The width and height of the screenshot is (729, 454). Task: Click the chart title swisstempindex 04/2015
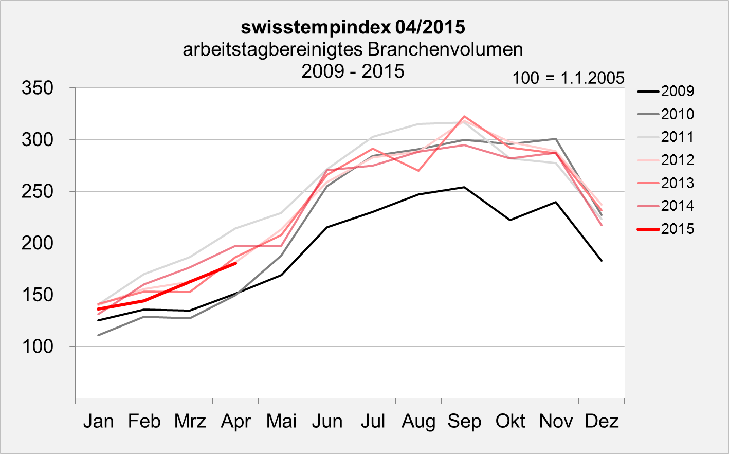[x=353, y=27]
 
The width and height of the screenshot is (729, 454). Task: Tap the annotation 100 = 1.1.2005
[x=568, y=78]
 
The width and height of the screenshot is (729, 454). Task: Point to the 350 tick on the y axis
[x=38, y=88]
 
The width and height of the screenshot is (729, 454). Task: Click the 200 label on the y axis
[x=38, y=243]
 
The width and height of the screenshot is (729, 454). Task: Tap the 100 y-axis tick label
[x=38, y=347]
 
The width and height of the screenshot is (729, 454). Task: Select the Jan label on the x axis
[x=98, y=421]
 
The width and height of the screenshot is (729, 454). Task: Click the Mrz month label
[x=190, y=421]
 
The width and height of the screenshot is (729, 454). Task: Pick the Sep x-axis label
[x=464, y=421]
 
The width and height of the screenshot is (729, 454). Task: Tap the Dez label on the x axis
[x=602, y=421]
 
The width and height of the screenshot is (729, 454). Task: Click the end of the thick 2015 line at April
[x=235, y=263]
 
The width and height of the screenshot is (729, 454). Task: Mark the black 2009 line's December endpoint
[x=602, y=261]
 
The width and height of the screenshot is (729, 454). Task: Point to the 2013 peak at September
[x=464, y=116]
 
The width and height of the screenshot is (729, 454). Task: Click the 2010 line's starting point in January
[x=98, y=335]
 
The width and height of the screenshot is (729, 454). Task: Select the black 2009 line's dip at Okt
[x=510, y=220]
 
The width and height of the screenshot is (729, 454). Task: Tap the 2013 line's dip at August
[x=418, y=170]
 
